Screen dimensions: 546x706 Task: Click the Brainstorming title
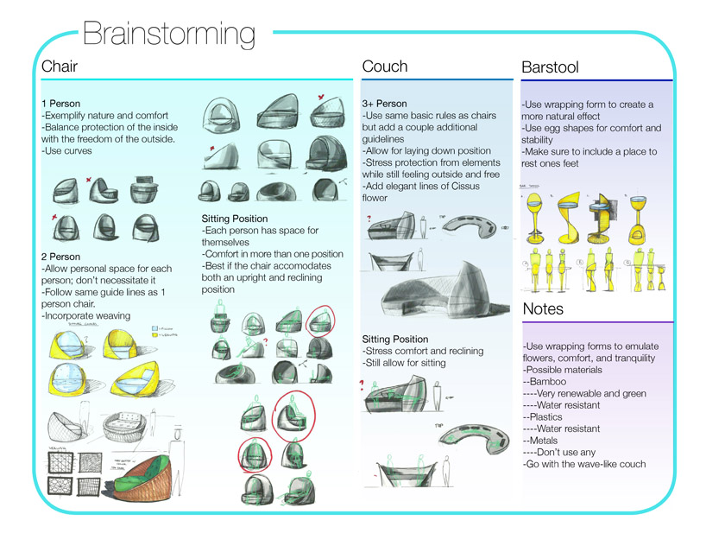(x=169, y=34)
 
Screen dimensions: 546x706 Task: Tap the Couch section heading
(x=385, y=67)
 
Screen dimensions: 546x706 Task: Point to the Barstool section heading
(x=551, y=67)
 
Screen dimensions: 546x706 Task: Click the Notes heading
(x=543, y=308)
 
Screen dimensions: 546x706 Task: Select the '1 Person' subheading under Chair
(x=60, y=104)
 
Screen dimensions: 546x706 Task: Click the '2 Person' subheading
(x=61, y=257)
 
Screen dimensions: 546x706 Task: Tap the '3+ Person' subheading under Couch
(x=385, y=104)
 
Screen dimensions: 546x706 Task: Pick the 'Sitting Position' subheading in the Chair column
(x=234, y=219)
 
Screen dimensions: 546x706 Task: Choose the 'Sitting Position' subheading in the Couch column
(x=395, y=339)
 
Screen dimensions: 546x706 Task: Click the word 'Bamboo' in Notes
(x=551, y=381)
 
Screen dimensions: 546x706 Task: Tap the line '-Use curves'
(x=66, y=151)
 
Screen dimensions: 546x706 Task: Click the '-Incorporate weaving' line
(x=85, y=316)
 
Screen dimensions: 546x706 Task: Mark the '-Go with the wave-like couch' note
(x=583, y=464)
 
